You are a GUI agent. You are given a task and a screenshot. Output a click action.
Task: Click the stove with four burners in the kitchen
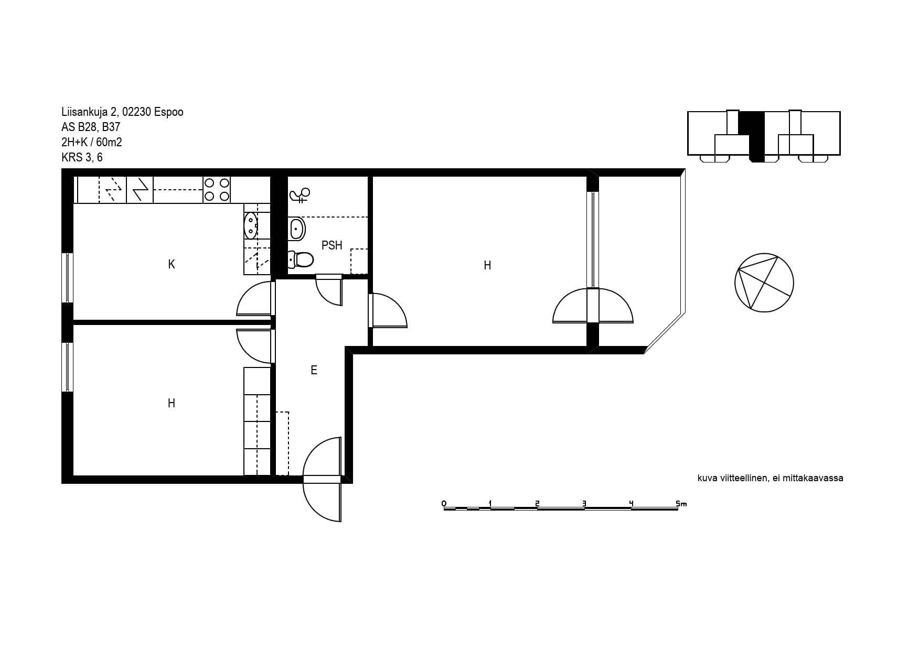point(217,190)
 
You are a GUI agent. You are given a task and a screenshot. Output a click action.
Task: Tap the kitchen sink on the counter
point(251,225)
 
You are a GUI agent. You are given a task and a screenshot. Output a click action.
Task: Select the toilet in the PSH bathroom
point(301,259)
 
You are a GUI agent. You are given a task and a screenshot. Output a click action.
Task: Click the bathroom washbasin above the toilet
point(296,229)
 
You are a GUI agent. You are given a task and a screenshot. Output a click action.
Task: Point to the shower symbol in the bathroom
point(300,196)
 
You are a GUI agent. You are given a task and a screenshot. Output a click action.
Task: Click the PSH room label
point(332,245)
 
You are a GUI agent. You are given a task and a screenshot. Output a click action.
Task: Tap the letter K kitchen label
point(172,264)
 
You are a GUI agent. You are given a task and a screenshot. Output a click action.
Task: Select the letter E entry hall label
point(314,370)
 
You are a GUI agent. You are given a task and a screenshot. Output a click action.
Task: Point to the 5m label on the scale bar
point(681,504)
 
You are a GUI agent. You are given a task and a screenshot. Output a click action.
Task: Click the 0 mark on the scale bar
point(444,504)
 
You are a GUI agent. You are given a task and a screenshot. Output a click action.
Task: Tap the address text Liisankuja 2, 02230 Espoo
point(122,112)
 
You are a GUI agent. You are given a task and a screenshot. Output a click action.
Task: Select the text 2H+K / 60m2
point(92,142)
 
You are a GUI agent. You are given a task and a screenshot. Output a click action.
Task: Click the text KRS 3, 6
point(82,157)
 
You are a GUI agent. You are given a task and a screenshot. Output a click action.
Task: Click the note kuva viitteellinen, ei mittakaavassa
point(770,478)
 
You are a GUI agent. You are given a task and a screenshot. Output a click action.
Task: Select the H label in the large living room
point(487,265)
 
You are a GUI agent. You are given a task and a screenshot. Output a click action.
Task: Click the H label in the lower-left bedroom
point(172,403)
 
